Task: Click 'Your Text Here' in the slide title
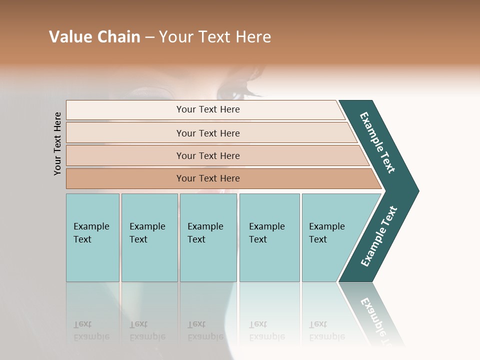point(215,37)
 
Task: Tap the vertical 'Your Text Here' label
point(57,143)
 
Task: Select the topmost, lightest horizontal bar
point(207,109)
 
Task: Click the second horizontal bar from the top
point(207,133)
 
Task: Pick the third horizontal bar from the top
point(207,155)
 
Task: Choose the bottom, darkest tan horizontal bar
point(207,178)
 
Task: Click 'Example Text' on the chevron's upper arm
point(377,142)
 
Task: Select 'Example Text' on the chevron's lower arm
point(379,236)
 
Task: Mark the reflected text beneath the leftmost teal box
point(91,331)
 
